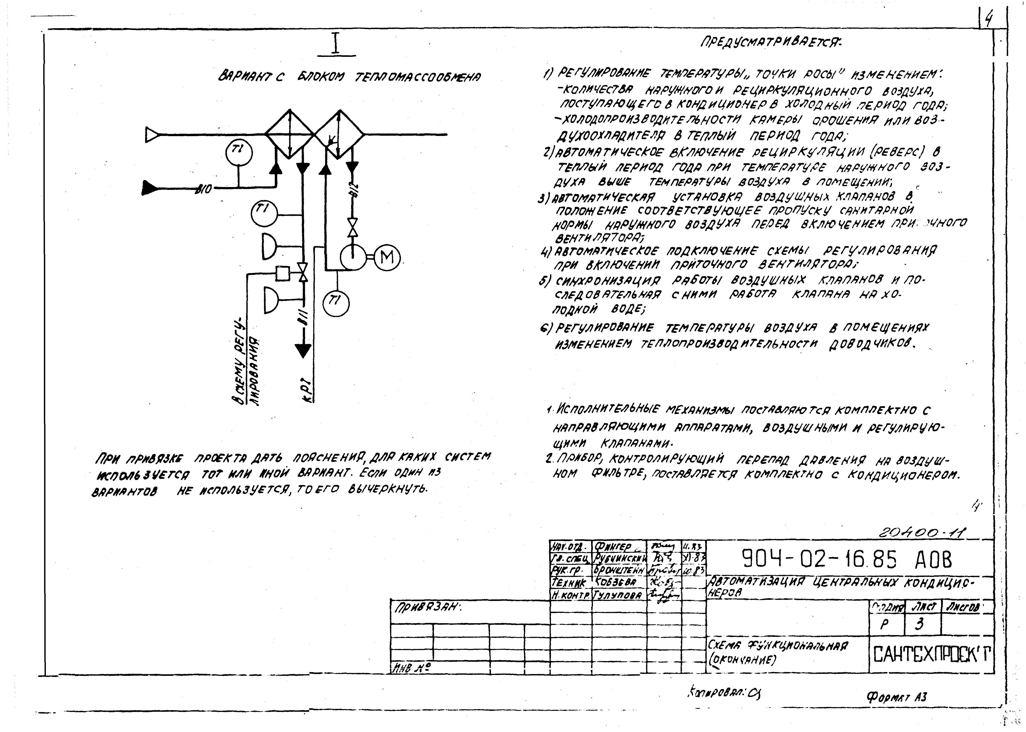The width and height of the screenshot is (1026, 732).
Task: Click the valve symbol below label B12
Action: click(x=353, y=228)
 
